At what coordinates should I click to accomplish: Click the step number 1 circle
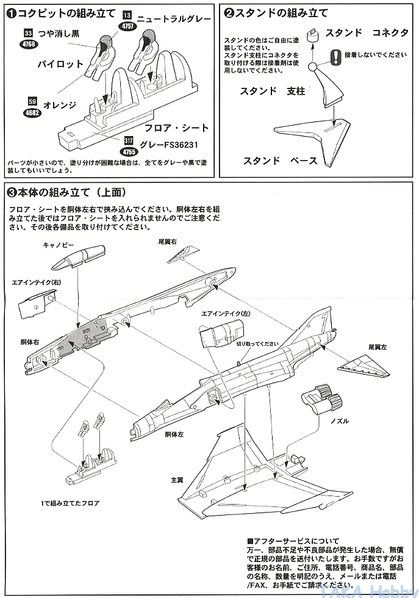coord(12,12)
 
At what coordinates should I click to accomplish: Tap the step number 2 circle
coord(229,12)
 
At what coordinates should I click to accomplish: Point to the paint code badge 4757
coord(127,26)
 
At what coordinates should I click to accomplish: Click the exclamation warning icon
coord(335,56)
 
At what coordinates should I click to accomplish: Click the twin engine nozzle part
coord(322,400)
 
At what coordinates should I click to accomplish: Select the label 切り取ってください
coord(257,343)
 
